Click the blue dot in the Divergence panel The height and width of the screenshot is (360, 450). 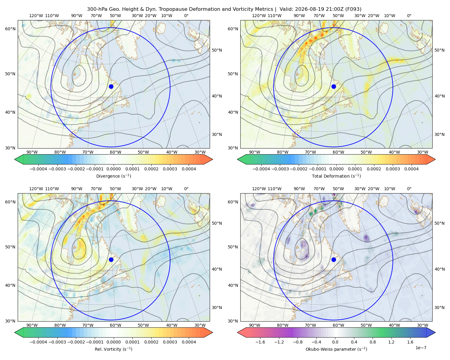click(x=111, y=86)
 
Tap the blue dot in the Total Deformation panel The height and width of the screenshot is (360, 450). click(x=334, y=86)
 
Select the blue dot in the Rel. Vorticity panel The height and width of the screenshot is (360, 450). click(x=111, y=259)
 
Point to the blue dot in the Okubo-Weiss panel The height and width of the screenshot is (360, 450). click(x=334, y=259)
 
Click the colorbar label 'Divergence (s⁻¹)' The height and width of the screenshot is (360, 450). click(x=113, y=176)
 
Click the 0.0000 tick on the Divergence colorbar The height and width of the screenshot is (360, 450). click(x=113, y=169)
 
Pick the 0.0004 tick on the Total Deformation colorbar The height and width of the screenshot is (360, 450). click(x=411, y=169)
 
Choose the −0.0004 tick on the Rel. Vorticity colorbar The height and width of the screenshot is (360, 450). click(x=38, y=342)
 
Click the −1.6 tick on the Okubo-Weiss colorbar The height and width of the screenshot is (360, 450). click(x=260, y=342)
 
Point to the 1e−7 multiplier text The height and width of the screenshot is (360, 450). click(x=421, y=348)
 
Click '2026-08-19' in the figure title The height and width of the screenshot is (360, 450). click(x=307, y=9)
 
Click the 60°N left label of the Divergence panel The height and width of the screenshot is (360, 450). click(x=10, y=29)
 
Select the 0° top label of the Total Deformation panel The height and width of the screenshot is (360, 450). click(x=409, y=16)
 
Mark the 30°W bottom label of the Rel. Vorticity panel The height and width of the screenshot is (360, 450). click(x=200, y=325)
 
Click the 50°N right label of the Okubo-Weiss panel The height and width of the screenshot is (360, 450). click(x=439, y=223)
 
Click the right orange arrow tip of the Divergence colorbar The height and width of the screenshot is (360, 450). click(x=212, y=159)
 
